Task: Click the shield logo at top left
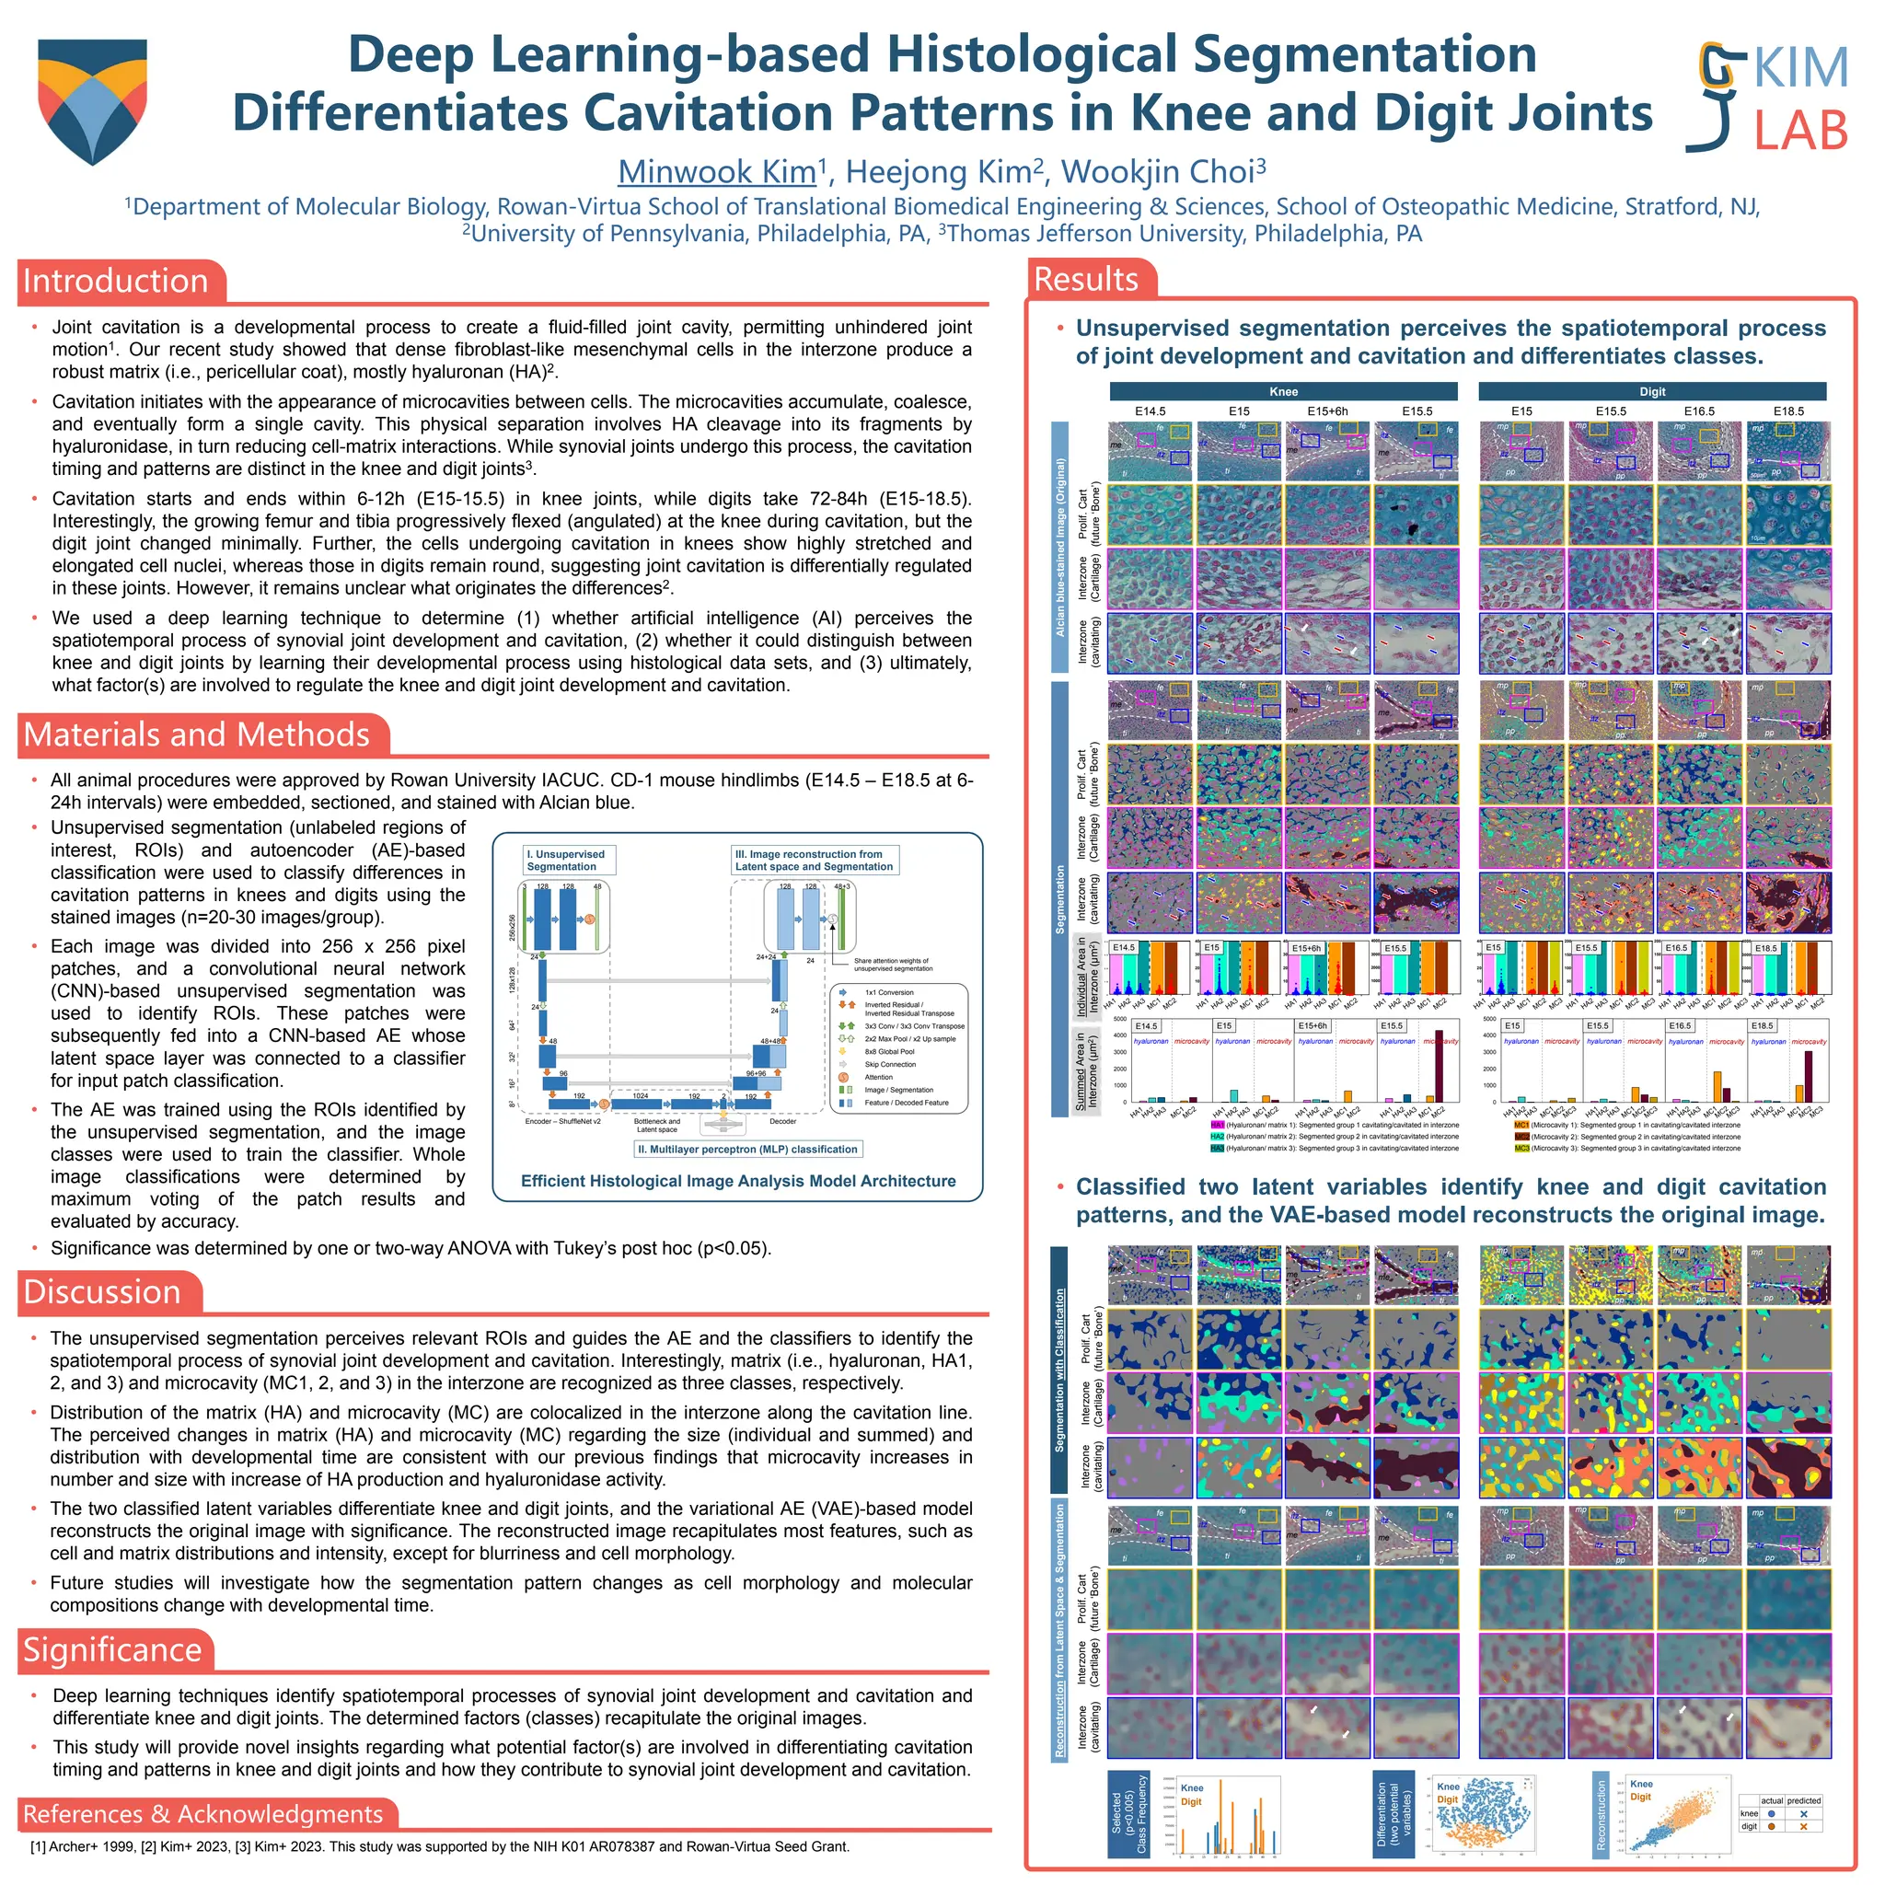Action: pos(92,99)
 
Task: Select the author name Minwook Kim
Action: pos(716,172)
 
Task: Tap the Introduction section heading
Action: pos(116,281)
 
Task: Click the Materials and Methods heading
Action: pos(196,734)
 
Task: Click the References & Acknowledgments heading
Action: pos(202,1814)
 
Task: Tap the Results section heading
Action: pos(1085,279)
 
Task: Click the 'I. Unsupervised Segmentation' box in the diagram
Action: pos(565,861)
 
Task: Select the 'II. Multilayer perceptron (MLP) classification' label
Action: pos(747,1150)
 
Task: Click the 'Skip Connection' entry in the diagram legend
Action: pos(890,1065)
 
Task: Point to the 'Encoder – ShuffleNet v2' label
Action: pos(563,1122)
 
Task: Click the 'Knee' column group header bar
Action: pos(1283,391)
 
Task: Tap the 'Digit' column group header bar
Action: pos(1652,391)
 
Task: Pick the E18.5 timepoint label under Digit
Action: pos(1788,411)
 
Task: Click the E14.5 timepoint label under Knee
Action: pos(1151,411)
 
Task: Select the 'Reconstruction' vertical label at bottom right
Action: pos(1600,1815)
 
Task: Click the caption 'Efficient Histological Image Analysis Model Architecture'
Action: pos(737,1181)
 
